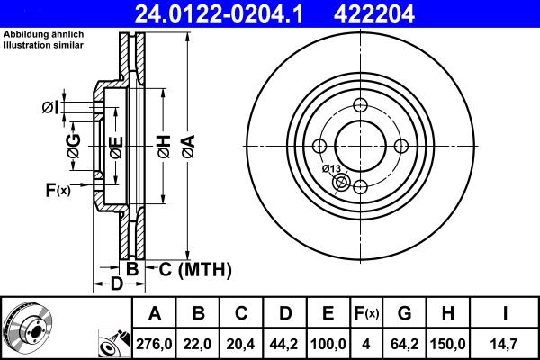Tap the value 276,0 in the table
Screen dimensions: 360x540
point(155,342)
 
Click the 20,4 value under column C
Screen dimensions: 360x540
point(241,342)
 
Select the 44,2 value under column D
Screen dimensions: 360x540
point(284,342)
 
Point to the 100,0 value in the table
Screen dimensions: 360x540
point(328,342)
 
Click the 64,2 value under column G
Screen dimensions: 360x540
point(404,342)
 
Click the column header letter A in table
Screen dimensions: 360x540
point(155,313)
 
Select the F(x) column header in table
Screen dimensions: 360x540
point(366,313)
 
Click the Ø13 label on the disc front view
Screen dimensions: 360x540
point(330,168)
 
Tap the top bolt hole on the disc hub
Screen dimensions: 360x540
point(360,105)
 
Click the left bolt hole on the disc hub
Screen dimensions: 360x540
point(319,147)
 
